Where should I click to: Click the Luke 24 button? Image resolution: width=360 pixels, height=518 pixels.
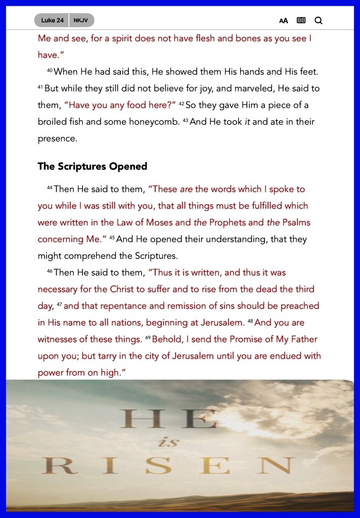point(52,20)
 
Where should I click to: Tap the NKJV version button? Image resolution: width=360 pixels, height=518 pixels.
point(80,20)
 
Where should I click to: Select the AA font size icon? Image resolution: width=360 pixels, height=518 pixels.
point(284,21)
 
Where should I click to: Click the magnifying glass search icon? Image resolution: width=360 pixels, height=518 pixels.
point(319,21)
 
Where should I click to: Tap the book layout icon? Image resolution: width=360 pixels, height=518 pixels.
point(301,21)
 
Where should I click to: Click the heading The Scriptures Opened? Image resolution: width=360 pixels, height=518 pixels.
point(93,166)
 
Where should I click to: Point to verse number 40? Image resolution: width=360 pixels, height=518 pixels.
point(50,71)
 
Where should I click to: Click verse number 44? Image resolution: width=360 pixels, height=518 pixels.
point(50,188)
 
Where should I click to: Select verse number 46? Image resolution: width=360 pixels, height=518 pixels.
point(50,272)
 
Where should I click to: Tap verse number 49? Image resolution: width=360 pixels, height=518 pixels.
point(148,338)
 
